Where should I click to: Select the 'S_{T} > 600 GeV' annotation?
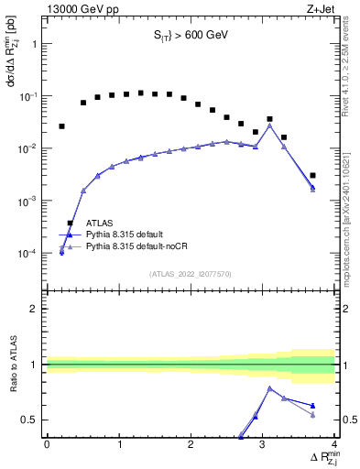click(191, 36)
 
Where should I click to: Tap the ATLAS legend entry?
click(100, 223)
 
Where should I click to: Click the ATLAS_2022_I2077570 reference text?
click(191, 273)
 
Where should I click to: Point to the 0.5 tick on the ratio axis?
click(31, 420)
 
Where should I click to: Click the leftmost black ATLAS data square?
click(61, 126)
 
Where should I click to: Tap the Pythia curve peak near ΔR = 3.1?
click(269, 125)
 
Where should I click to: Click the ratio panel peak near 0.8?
click(269, 387)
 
